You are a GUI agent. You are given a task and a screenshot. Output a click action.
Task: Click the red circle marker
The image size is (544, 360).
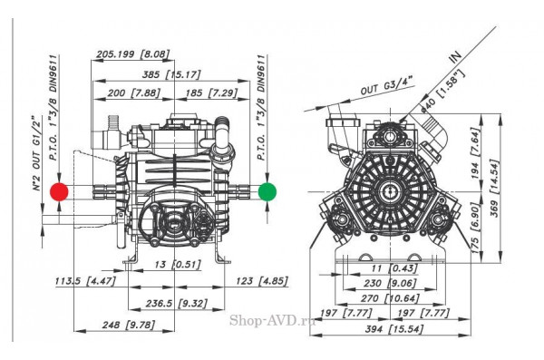(x=60, y=191)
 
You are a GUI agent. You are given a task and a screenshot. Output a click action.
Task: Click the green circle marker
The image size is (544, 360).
(x=267, y=191)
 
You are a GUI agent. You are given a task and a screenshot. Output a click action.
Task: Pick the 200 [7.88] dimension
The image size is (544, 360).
(x=133, y=93)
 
